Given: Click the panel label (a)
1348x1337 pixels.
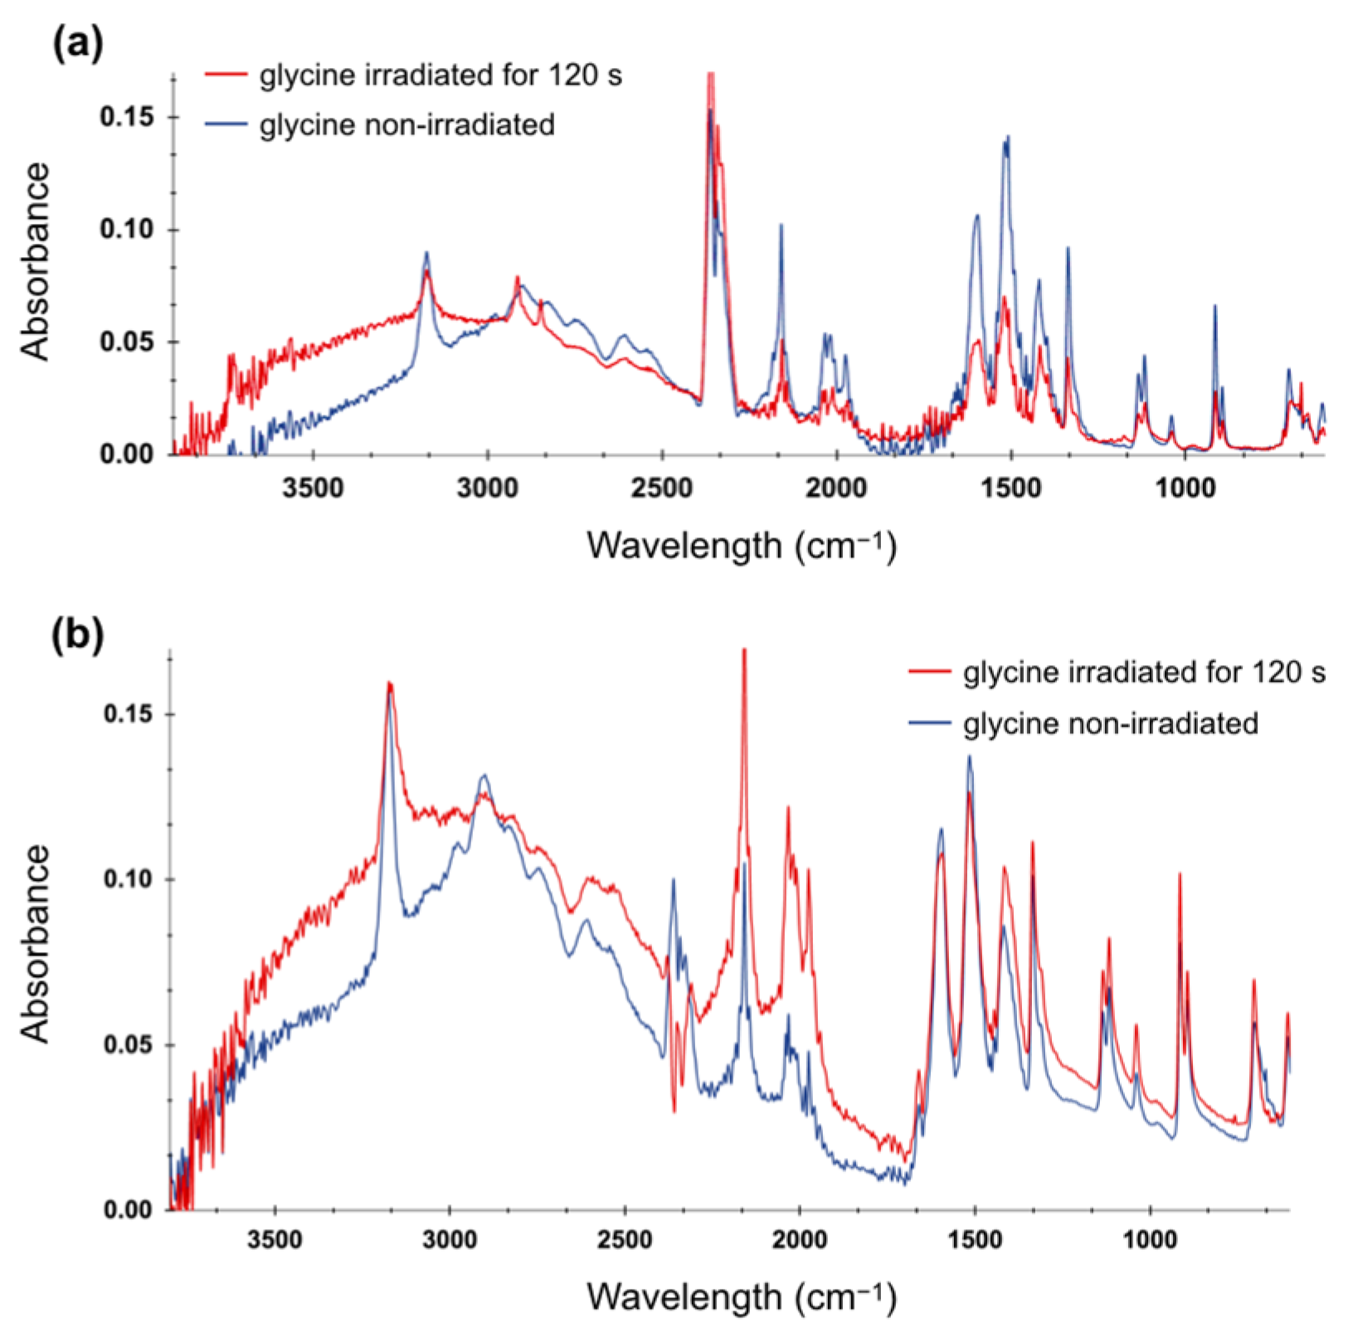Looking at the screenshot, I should coord(77,43).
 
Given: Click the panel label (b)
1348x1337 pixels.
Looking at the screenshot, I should coord(77,636).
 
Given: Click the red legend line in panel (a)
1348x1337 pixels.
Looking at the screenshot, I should coord(226,75).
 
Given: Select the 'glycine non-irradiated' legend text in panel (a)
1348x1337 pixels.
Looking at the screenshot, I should coord(406,125).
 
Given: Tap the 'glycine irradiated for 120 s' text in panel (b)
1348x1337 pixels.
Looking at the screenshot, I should coord(1144,672).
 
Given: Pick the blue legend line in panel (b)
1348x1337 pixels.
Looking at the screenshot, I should coord(930,723).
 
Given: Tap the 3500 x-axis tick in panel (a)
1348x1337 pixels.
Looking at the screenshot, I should coord(313,489).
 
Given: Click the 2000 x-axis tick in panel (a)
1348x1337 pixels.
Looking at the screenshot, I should coord(836,489).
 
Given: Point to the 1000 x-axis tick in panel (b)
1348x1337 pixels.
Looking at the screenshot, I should coord(1150,1241).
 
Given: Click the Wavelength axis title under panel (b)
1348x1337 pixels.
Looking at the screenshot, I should coord(742,1296).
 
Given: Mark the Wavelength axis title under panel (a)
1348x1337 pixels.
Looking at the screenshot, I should coord(742,547).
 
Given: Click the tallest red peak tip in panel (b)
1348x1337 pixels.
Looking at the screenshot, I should coord(744,650).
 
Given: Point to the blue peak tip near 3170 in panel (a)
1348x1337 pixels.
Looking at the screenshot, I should coord(426,252).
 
